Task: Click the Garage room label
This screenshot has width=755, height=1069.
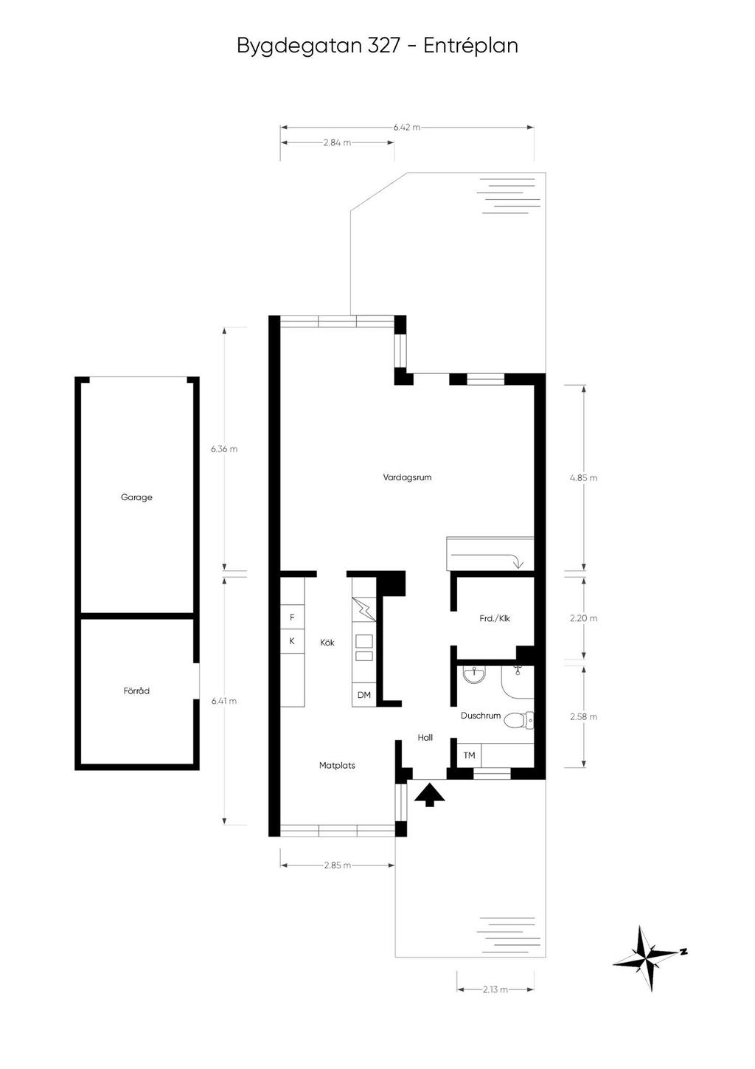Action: pyautogui.click(x=136, y=497)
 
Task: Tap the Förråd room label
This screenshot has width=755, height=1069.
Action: pyautogui.click(x=136, y=691)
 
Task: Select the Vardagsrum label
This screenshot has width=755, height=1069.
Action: pyautogui.click(x=407, y=477)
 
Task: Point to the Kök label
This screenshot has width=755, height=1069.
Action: pyautogui.click(x=327, y=643)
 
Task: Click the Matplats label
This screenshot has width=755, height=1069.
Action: pyautogui.click(x=337, y=766)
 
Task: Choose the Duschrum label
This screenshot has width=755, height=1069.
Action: pyautogui.click(x=481, y=716)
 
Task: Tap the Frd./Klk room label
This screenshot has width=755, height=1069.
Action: pyautogui.click(x=495, y=618)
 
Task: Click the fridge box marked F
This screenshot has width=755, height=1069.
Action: pyautogui.click(x=292, y=617)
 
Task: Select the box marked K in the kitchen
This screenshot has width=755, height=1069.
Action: pyautogui.click(x=292, y=641)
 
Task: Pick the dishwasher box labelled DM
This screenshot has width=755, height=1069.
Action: pyautogui.click(x=364, y=695)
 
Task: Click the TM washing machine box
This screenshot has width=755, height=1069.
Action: pyautogui.click(x=469, y=755)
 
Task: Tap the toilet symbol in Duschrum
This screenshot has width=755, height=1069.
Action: pyautogui.click(x=522, y=720)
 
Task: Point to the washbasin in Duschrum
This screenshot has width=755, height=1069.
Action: pyautogui.click(x=472, y=675)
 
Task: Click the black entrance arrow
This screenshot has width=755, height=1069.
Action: pyautogui.click(x=429, y=795)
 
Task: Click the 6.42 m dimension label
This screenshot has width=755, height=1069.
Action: pyautogui.click(x=407, y=127)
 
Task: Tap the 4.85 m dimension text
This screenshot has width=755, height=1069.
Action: pyautogui.click(x=583, y=477)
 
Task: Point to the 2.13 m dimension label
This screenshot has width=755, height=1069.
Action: pyautogui.click(x=495, y=990)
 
